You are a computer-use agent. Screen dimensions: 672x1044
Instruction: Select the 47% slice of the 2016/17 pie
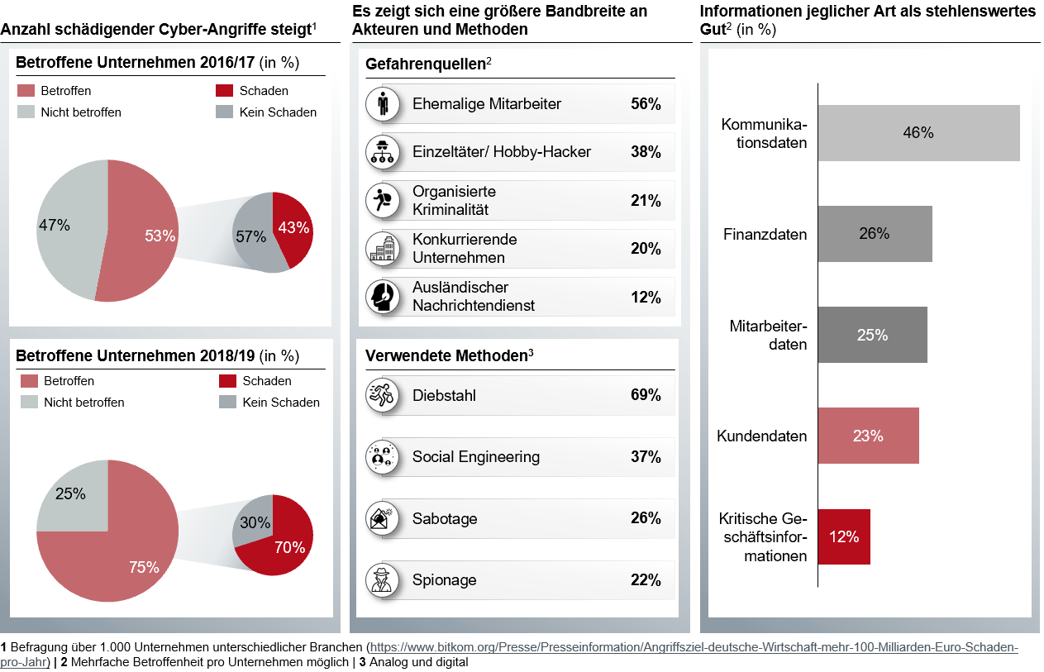pos(66,225)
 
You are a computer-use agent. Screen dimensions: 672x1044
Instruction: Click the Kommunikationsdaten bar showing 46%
pos(918,132)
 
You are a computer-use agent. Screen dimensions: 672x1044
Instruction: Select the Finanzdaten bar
pos(875,234)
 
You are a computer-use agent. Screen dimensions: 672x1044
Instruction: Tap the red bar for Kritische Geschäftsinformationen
pos(844,536)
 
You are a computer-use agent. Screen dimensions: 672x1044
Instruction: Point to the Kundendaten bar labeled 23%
pos(868,436)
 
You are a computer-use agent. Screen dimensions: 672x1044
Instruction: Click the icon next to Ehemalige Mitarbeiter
pos(382,104)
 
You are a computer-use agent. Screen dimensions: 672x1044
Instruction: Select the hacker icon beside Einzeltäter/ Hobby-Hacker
pos(382,152)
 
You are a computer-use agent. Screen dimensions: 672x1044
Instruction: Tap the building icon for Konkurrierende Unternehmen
pos(382,249)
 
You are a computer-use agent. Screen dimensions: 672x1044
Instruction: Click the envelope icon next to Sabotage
pos(382,518)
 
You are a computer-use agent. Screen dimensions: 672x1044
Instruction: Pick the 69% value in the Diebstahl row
pos(646,395)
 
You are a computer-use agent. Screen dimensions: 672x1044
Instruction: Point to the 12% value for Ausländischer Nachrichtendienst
pos(646,297)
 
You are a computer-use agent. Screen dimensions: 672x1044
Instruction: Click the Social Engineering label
pos(475,457)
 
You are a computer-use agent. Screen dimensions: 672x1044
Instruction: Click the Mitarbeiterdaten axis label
pos(768,335)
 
